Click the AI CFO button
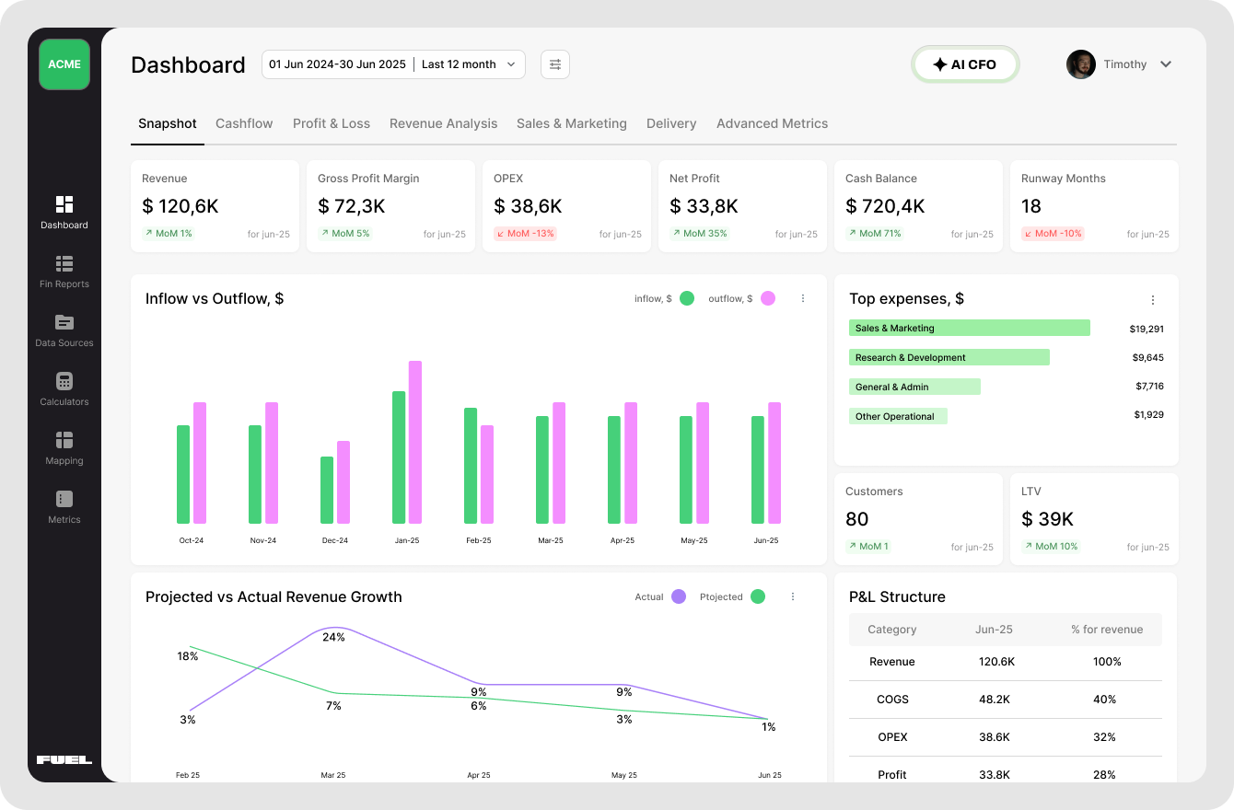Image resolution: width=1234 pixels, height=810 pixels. tap(965, 64)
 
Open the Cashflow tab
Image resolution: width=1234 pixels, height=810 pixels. tap(244, 123)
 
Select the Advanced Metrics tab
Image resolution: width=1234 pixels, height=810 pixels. tap(772, 123)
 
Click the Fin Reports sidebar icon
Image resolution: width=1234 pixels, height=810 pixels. tap(64, 264)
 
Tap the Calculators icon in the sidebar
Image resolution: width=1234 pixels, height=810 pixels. tap(64, 382)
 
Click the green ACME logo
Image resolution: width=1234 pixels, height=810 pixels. tap(64, 64)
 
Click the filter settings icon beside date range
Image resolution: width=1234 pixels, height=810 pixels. tap(555, 64)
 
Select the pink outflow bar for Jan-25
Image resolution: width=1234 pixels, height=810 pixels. tap(415, 442)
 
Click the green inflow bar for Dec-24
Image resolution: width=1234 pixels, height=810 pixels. tap(327, 490)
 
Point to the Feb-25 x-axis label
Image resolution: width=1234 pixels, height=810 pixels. tap(479, 540)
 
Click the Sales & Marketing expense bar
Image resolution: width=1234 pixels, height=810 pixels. tap(969, 329)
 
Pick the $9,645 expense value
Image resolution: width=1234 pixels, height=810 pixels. tap(1147, 358)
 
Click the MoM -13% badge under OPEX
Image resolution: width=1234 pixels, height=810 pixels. tap(525, 234)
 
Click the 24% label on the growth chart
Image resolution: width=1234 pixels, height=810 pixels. tap(333, 637)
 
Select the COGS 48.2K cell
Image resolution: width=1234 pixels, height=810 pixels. tap(994, 700)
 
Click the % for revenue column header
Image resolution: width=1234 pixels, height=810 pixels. tap(1106, 630)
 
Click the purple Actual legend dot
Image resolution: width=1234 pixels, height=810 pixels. tap(679, 596)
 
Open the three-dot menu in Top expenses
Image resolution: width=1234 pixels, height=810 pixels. tap(1152, 300)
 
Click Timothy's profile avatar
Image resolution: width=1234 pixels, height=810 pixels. tap(1081, 64)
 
